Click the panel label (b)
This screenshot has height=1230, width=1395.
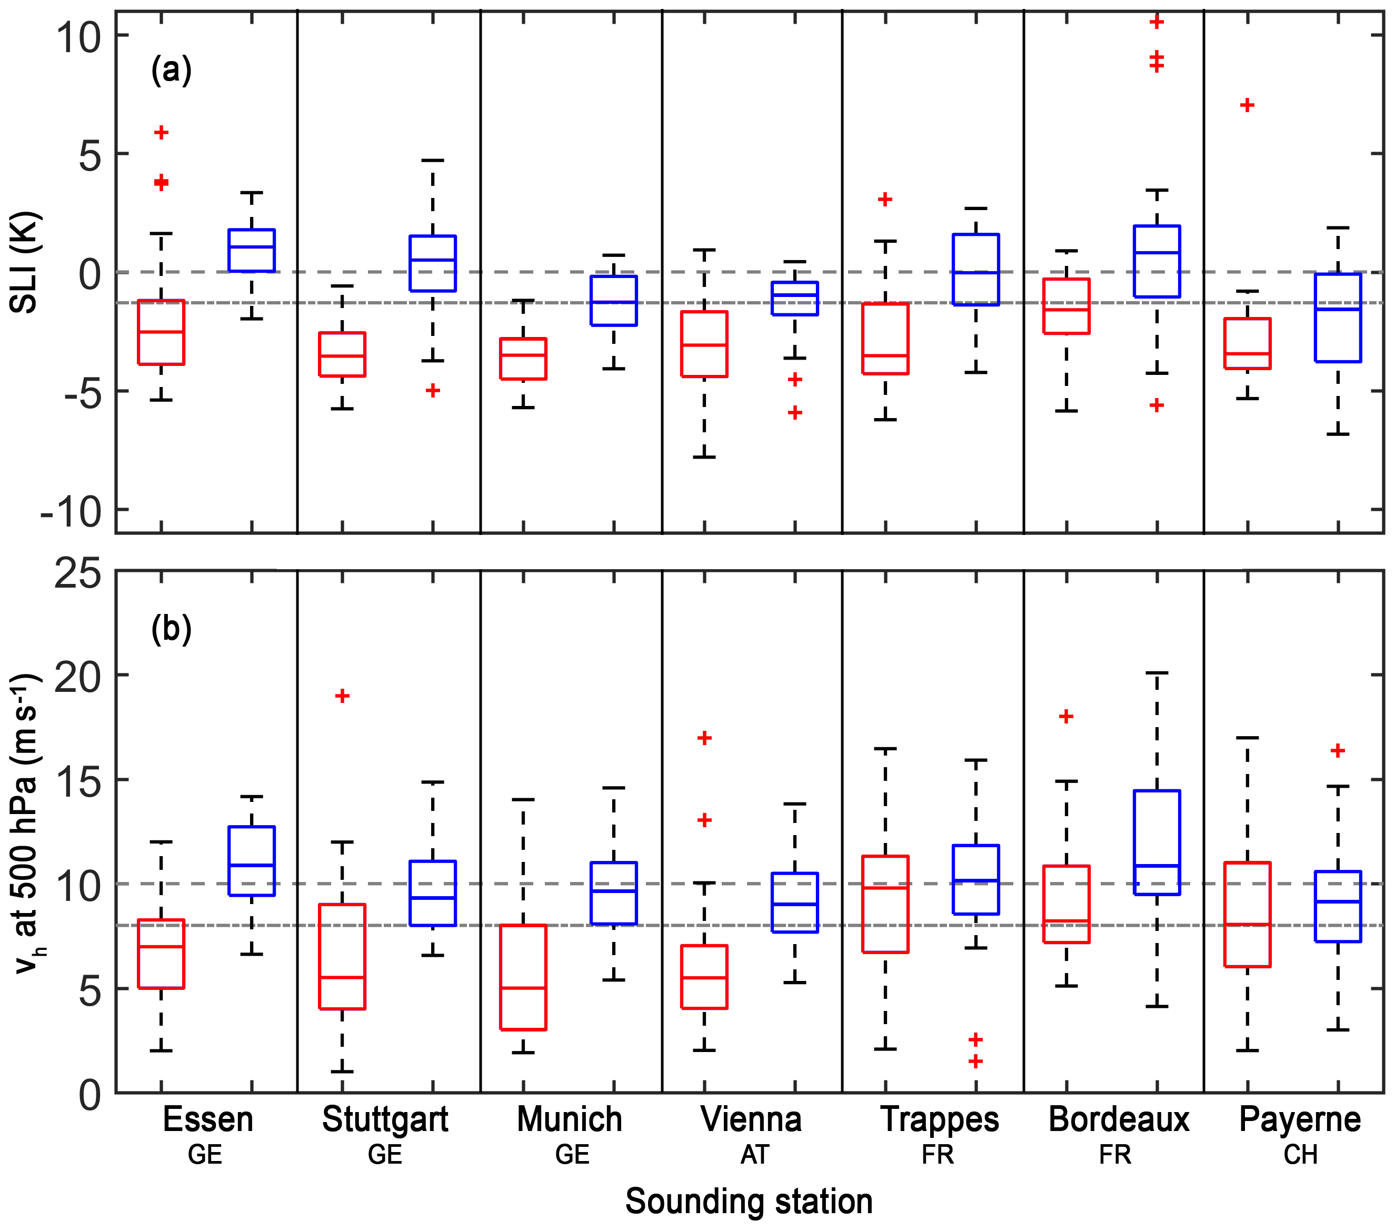coord(171,628)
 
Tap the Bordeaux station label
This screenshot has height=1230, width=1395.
coord(1119,1119)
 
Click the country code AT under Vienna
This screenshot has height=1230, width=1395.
coord(755,1155)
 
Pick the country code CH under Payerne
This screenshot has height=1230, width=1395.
coord(1300,1155)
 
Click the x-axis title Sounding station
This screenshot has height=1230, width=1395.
coord(749,1202)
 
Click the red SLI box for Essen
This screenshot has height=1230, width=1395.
coord(161,332)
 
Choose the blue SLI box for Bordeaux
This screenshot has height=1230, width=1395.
coord(1157,261)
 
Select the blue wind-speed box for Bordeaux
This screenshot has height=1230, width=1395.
coord(1157,842)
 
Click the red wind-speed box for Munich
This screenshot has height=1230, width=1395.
coord(523,977)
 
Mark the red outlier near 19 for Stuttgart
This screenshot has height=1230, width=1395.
coord(343,696)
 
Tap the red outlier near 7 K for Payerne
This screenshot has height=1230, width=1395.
coord(1247,105)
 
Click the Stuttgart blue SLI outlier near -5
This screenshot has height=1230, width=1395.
coord(433,391)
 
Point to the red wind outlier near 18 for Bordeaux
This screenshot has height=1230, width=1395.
coord(1066,717)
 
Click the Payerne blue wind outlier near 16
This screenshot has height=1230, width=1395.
coord(1338,751)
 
